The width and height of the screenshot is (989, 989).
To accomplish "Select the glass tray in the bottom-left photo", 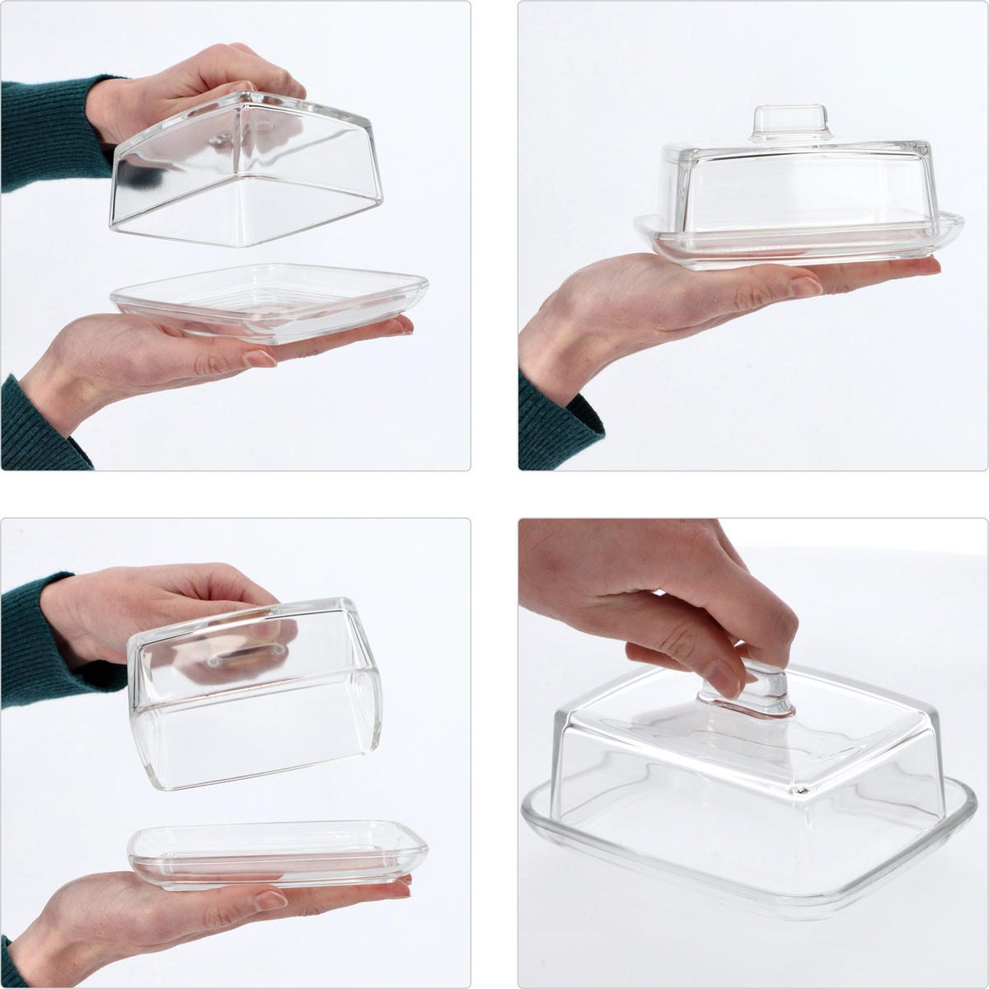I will pos(276,857).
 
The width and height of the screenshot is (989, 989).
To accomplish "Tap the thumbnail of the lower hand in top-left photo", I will pos(259,358).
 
